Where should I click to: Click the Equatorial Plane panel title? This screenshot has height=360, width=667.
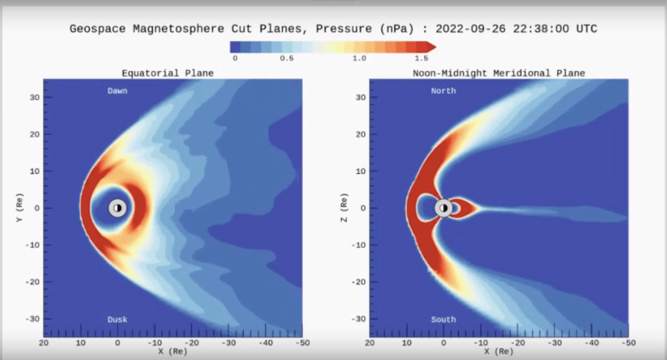167,73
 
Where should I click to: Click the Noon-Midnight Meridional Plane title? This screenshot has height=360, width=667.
498,73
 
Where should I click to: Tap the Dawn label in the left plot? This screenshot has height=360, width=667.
117,91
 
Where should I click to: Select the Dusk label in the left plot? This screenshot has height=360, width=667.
117,320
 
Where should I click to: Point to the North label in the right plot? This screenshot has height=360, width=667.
443,91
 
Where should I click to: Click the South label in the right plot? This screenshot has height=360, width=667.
443,320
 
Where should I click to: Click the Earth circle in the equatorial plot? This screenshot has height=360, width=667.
117,208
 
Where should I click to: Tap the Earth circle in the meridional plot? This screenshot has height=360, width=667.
444,208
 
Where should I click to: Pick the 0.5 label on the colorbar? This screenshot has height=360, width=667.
287,59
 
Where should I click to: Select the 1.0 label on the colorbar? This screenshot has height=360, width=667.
359,59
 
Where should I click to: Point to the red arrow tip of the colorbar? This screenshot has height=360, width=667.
433,46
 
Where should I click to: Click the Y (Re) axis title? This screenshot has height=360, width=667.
20,208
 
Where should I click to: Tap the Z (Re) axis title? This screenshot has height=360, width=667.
345,208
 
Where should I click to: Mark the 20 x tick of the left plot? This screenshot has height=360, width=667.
44,342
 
